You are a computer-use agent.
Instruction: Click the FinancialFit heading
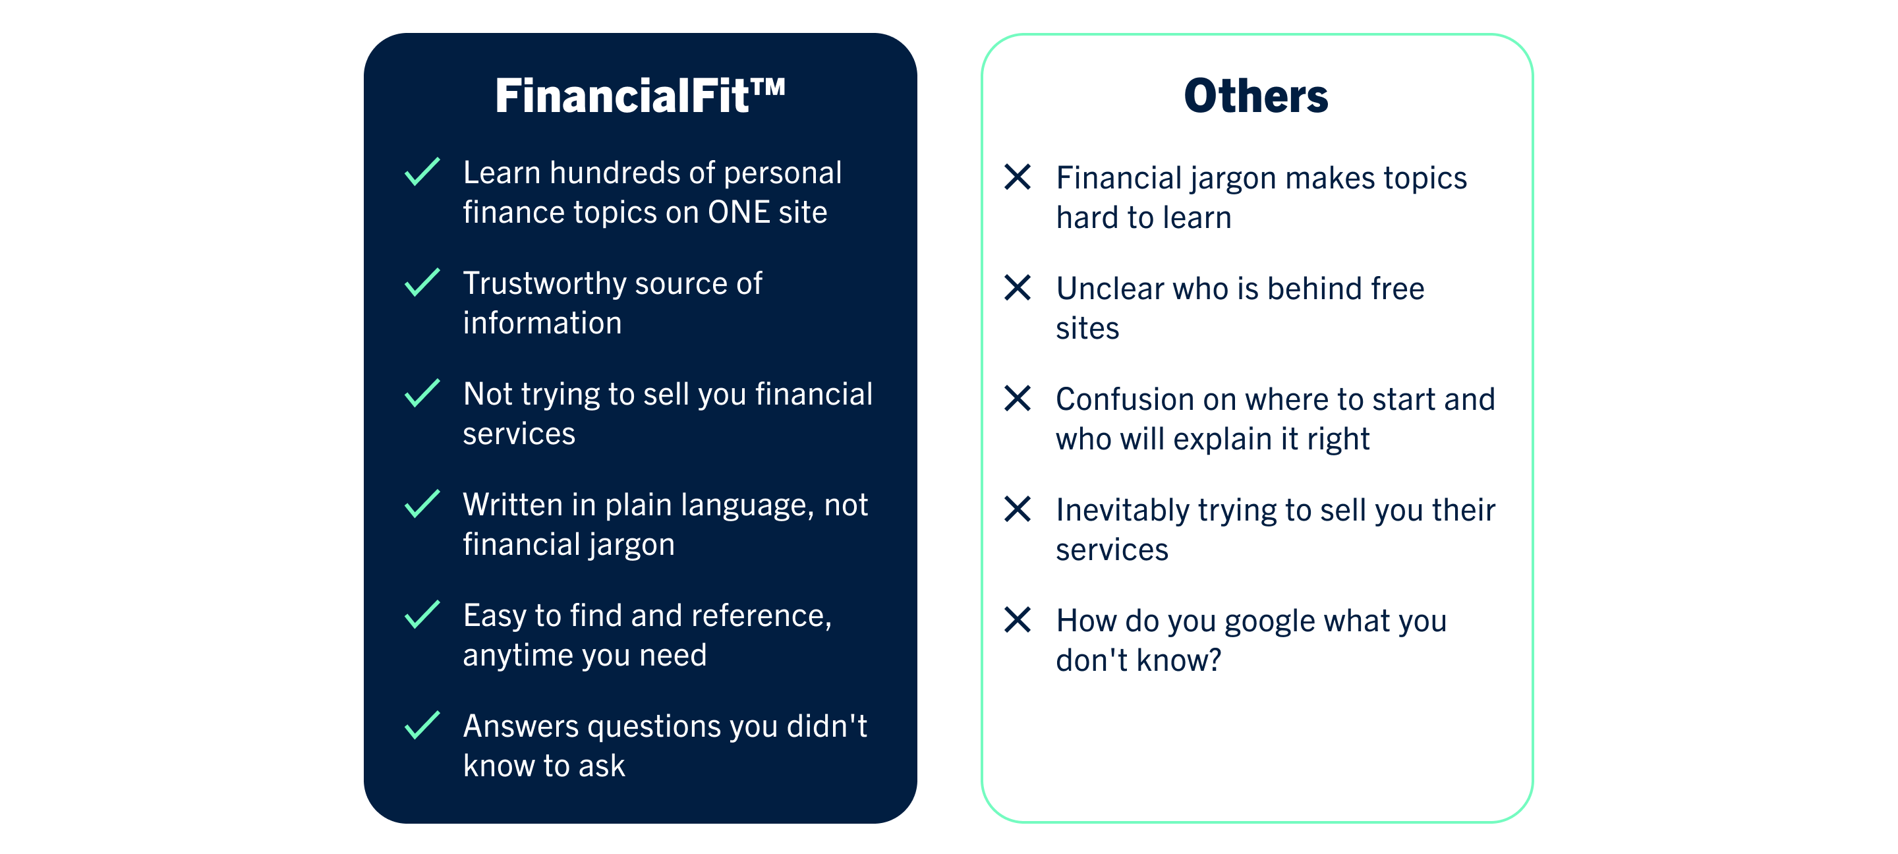[x=639, y=96]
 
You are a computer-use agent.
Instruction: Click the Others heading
[x=1255, y=96]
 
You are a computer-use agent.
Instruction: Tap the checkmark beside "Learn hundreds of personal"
[x=422, y=172]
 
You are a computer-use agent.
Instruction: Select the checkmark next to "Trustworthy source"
[x=422, y=282]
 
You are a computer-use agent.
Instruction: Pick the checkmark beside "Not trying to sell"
[x=422, y=393]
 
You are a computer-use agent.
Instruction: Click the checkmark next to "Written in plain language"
[x=422, y=504]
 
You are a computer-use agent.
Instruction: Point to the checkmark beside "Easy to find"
[x=422, y=615]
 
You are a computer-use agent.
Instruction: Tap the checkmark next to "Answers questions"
[x=422, y=725]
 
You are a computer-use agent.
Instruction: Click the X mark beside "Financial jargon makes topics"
[x=1018, y=177]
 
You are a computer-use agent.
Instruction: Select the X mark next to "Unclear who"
[x=1018, y=287]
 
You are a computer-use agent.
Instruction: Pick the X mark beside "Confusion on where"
[x=1018, y=399]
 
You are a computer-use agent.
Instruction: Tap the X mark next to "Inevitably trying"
[x=1018, y=509]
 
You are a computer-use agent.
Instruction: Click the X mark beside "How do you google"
[x=1018, y=619]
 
